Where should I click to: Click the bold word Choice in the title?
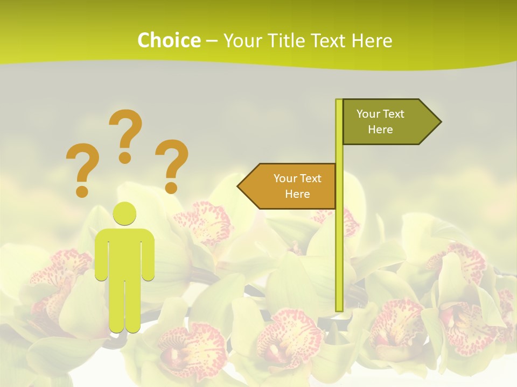click(x=169, y=40)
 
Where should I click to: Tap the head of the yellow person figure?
click(x=125, y=213)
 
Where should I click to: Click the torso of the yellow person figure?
click(x=125, y=253)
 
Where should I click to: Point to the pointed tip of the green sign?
click(x=439, y=122)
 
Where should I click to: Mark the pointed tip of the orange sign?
click(x=240, y=187)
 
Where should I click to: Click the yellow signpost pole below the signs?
click(x=339, y=258)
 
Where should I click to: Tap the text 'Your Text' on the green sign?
click(x=380, y=114)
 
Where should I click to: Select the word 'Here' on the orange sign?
click(x=297, y=194)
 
